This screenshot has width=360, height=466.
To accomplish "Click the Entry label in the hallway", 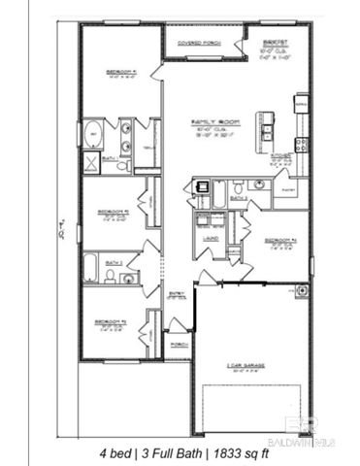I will click(176, 292).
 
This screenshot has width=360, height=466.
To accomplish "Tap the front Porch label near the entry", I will click(177, 344).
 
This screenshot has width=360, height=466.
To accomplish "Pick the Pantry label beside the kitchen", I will click(288, 191).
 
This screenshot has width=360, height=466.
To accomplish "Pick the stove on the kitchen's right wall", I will click(302, 145).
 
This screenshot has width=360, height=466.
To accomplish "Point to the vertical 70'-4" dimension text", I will click(62, 235).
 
